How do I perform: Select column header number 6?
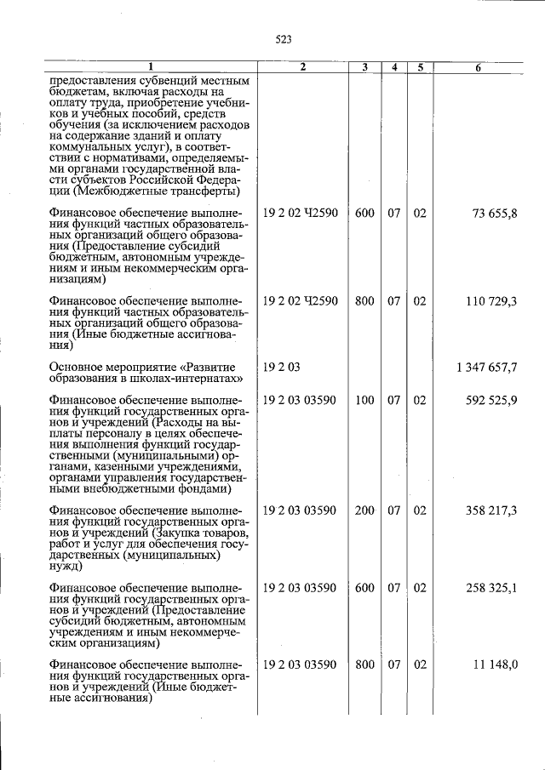(x=479, y=67)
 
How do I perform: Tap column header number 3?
(x=364, y=67)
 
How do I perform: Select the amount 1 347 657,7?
(x=486, y=367)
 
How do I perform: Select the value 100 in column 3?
(x=364, y=402)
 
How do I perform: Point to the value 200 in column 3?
(x=364, y=510)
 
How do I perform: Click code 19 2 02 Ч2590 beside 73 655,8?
(x=301, y=213)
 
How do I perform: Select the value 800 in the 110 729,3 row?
(x=364, y=302)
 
